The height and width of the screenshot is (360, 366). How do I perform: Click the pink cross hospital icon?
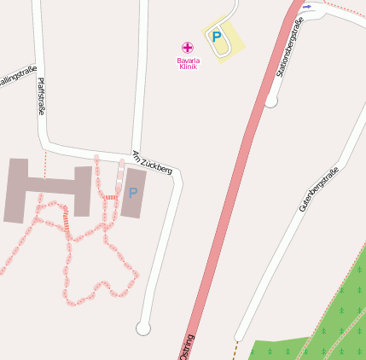pyautogui.click(x=188, y=47)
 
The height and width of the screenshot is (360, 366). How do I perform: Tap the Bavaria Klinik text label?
pyautogui.click(x=188, y=63)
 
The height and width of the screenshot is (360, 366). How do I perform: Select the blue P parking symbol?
pyautogui.click(x=217, y=37)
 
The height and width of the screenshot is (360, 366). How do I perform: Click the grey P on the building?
pyautogui.click(x=133, y=193)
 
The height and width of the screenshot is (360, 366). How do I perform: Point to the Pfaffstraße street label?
pyautogui.click(x=41, y=96)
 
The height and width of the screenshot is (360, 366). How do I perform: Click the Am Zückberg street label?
pyautogui.click(x=153, y=162)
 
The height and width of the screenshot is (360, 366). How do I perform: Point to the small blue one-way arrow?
pyautogui.click(x=307, y=7)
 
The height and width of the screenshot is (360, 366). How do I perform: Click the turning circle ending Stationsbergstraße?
pyautogui.click(x=271, y=102)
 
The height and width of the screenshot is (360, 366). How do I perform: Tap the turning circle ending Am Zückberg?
pyautogui.click(x=142, y=328)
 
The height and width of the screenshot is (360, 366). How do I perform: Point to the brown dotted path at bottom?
pyautogui.click(x=234, y=349)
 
